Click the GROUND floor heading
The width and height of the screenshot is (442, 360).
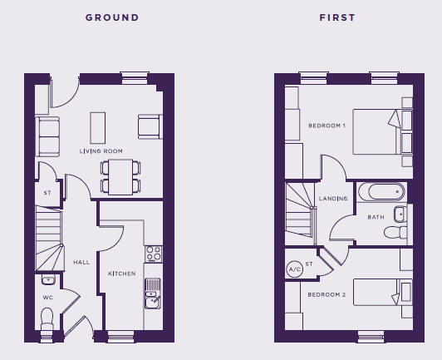click(112, 17)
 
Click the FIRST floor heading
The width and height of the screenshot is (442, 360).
click(337, 17)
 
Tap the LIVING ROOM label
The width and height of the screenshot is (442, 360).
click(101, 151)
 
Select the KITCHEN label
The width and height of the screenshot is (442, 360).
click(122, 274)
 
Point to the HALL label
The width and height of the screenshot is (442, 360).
click(81, 262)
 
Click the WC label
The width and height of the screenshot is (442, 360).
click(48, 298)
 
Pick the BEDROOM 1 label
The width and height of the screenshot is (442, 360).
click(327, 126)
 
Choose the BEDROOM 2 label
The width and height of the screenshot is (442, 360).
click(327, 294)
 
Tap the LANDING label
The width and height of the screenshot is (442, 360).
click(333, 199)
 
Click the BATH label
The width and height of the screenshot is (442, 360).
click(376, 217)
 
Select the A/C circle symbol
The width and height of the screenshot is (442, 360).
click(295, 269)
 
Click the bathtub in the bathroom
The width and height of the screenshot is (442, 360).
click(381, 192)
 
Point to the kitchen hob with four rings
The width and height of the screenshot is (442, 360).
click(154, 254)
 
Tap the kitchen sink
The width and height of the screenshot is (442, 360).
click(153, 293)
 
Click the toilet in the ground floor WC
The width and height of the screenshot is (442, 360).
click(47, 318)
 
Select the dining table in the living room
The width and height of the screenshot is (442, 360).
click(120, 177)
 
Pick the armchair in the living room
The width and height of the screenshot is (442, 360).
click(150, 126)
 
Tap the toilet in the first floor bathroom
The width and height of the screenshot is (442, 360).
click(395, 232)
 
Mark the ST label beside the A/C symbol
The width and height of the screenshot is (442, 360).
click(309, 264)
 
